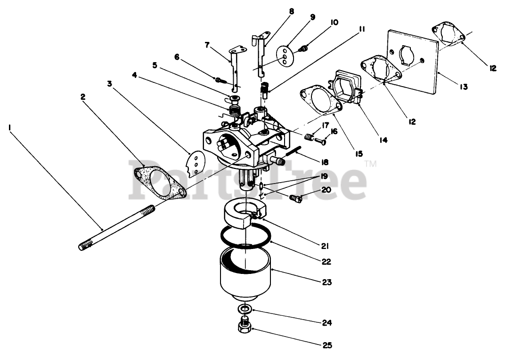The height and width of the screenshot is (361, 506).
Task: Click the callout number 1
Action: pos(10,128)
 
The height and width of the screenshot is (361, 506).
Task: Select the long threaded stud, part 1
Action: pos(117,228)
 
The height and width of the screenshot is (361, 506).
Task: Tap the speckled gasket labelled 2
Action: pos(159,184)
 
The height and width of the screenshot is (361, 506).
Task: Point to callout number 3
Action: pos(110,84)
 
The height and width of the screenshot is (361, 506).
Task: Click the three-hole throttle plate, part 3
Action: pos(196,164)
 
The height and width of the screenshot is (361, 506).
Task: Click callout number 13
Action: pos(464,87)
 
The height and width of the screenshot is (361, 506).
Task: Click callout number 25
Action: pos(327,345)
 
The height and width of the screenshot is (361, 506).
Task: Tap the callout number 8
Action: pos(292,12)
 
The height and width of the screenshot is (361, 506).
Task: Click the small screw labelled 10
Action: pos(303,49)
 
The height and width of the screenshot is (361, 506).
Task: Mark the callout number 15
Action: pos(359,154)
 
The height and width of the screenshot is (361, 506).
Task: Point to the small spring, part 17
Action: pos(309,136)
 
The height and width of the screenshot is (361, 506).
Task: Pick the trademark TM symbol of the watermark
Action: pos(371,164)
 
